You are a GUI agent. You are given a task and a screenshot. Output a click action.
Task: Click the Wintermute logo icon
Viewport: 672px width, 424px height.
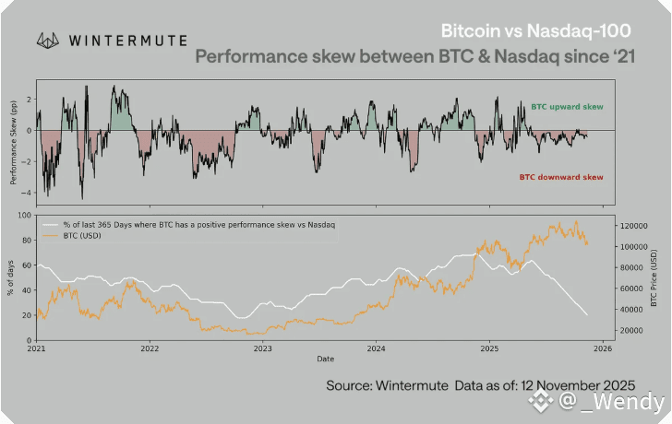49,41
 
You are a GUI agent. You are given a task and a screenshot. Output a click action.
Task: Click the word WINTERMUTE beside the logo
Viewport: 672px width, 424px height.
129,41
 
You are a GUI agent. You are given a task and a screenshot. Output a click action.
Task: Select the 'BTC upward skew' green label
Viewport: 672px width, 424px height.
567,108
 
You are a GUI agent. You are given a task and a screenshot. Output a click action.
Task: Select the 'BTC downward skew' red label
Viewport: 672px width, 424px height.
560,177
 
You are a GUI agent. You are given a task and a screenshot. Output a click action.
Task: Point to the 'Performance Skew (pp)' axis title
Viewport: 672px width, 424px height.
13,144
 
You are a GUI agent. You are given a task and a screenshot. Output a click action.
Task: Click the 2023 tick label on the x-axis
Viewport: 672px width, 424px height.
263,348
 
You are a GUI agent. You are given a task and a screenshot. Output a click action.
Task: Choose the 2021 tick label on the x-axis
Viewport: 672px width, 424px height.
37,348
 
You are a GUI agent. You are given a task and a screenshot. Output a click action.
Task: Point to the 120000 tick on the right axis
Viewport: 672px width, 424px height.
630,225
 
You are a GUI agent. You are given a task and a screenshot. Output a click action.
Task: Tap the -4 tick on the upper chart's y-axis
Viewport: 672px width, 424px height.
27,193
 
